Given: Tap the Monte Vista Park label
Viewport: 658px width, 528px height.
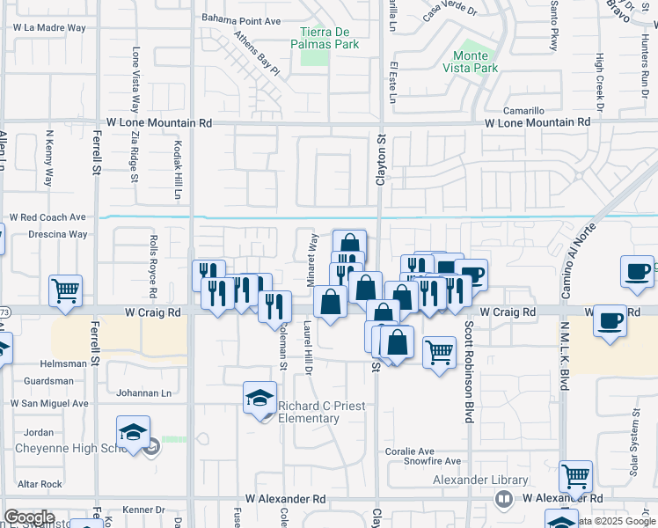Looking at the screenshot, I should (470, 62).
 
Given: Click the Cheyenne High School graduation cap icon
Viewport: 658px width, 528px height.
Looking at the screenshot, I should (132, 432).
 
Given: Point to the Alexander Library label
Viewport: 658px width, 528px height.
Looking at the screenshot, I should (479, 480).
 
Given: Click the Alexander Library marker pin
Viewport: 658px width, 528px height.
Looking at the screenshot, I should (504, 499).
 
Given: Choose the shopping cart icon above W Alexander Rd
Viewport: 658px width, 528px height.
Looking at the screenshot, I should (575, 476).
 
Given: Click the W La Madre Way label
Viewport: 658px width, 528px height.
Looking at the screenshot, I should (49, 28).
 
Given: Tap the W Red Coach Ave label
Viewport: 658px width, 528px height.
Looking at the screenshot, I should (48, 216).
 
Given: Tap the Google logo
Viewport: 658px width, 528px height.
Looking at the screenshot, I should (29, 517).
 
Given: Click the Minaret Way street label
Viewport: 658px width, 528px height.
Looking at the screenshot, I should (312, 254).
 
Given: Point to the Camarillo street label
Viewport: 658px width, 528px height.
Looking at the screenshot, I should (523, 111).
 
